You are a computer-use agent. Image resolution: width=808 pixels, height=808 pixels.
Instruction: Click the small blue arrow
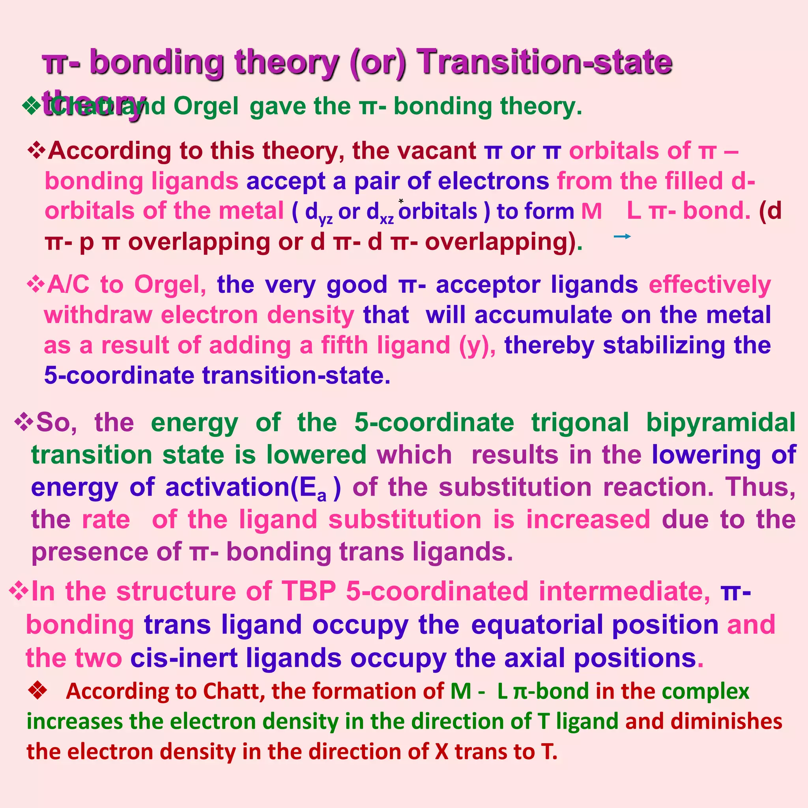click(622, 237)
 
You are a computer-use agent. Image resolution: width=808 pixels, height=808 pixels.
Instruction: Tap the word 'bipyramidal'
click(720, 423)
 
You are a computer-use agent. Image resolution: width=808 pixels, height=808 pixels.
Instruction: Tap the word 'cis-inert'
click(183, 657)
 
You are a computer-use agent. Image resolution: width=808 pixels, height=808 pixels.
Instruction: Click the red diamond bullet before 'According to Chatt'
click(37, 690)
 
